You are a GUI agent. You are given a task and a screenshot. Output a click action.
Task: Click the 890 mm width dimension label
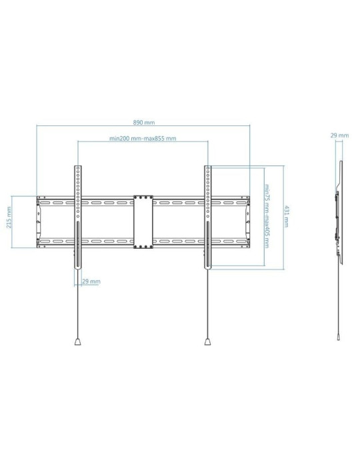(144, 123)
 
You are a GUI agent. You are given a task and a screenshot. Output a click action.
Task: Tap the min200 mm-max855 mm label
(143, 139)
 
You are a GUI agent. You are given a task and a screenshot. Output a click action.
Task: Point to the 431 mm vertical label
(287, 217)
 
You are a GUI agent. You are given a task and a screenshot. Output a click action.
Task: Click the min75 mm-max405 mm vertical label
(266, 216)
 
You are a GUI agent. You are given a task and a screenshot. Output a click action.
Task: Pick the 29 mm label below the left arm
(91, 282)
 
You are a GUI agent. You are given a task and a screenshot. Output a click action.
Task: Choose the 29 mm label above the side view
(339, 135)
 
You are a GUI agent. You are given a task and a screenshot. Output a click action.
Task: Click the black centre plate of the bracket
(143, 222)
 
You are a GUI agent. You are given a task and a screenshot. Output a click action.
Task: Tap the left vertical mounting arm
(77, 193)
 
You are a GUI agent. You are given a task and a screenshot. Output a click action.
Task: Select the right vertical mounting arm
(208, 193)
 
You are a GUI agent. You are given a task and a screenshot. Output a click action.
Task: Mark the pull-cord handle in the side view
(340, 338)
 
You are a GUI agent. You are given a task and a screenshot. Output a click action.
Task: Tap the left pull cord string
(77, 307)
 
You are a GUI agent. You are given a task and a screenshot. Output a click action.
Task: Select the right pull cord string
(208, 307)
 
